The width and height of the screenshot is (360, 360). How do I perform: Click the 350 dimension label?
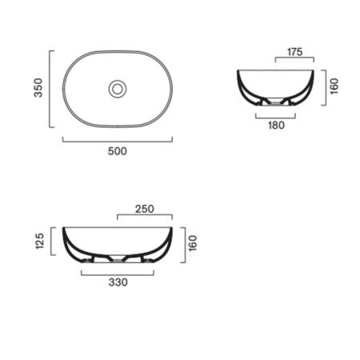coord(38,88)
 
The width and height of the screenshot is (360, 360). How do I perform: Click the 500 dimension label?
coord(118,151)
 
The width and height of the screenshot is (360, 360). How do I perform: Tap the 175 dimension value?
coord(295,52)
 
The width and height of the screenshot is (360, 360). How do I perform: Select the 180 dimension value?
coord(276,125)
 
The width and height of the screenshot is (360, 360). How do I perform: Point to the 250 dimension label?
coord(145,209)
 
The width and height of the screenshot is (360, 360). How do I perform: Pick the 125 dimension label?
coord(39,241)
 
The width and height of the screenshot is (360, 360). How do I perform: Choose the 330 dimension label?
coord(118,282)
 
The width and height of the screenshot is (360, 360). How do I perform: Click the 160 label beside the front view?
coord(193,243)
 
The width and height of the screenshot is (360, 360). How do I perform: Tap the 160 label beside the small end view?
coord(334,86)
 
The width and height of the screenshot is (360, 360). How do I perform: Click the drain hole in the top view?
coord(117,89)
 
